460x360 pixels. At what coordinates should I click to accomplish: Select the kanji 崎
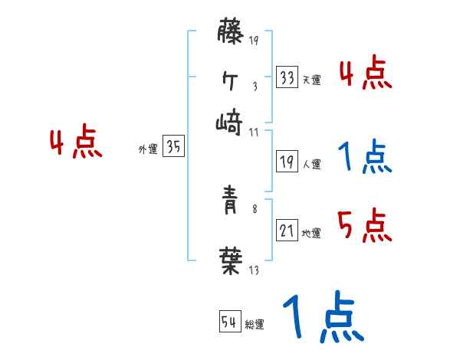pos(229,120)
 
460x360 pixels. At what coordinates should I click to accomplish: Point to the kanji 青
pos(229,208)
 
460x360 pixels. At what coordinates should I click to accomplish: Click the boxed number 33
pos(287,77)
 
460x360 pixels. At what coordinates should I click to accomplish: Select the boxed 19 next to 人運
pos(287,162)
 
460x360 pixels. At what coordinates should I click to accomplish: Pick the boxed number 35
pos(173,148)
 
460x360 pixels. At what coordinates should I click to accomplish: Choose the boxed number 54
pos(229,322)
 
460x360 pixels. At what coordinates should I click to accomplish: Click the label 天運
pos(311,80)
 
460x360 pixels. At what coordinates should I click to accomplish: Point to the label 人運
pos(311,164)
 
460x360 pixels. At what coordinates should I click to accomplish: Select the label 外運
pos(148,150)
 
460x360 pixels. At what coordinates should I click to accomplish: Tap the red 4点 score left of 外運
pos(75,143)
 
